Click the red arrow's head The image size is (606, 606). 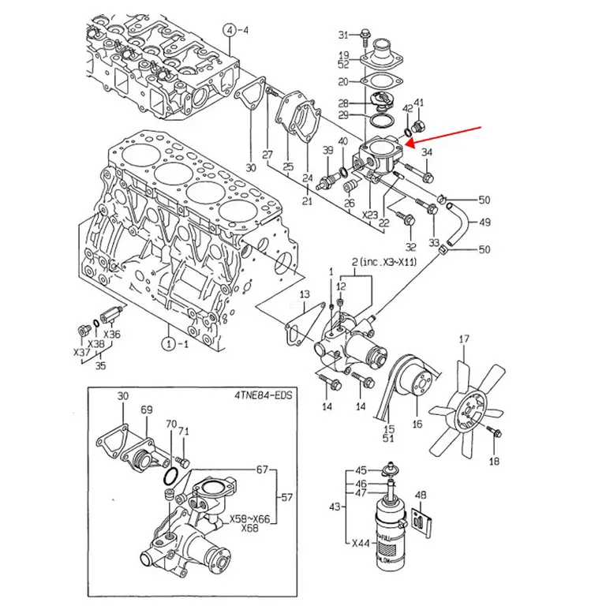click(x=409, y=144)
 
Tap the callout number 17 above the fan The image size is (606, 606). click(x=464, y=339)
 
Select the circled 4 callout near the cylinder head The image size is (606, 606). click(x=230, y=30)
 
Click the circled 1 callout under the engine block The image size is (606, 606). click(x=169, y=343)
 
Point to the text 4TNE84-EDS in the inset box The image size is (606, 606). click(x=264, y=395)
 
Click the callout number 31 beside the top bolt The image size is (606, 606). click(x=343, y=36)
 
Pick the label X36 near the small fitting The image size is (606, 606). click(x=112, y=335)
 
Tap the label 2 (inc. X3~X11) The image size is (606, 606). click(x=384, y=262)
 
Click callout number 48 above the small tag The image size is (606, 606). click(x=421, y=495)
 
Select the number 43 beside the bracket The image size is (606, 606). click(x=335, y=506)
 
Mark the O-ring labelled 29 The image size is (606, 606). click(x=382, y=120)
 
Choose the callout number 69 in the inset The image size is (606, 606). click(x=147, y=410)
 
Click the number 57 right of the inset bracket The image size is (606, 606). click(x=286, y=497)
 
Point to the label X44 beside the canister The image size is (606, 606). click(x=361, y=544)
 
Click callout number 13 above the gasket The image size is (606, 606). click(x=305, y=294)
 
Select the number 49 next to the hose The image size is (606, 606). click(x=484, y=223)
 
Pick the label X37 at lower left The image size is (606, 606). click(x=82, y=352)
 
